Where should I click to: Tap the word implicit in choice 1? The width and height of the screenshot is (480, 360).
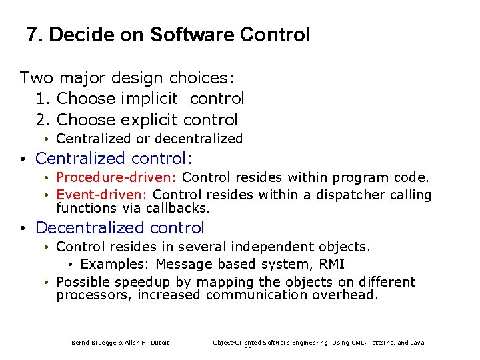(150, 99)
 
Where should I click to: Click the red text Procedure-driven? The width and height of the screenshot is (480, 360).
(117, 177)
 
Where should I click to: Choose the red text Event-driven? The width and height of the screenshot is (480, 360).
(103, 195)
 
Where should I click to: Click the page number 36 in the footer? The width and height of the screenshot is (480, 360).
(248, 349)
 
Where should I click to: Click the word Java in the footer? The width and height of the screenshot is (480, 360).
(416, 343)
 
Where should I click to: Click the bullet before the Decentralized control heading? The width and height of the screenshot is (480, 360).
(23, 228)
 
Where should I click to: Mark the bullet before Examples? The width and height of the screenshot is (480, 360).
(71, 265)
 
